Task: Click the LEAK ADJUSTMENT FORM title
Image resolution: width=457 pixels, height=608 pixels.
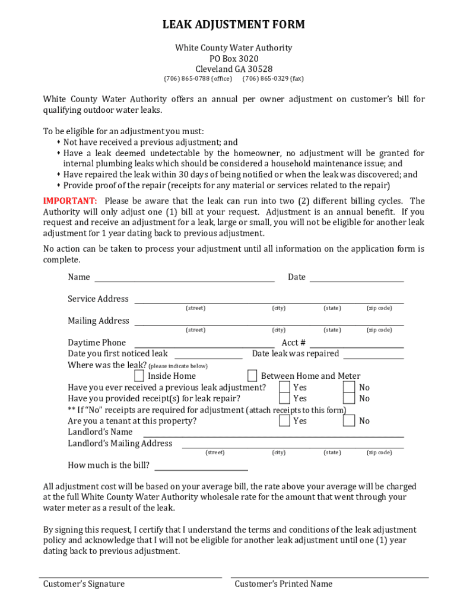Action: (234, 25)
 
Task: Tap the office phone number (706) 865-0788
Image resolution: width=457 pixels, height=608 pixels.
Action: (198, 79)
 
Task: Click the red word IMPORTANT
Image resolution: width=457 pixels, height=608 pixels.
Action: (70, 201)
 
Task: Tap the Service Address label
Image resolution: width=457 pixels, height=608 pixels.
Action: (98, 299)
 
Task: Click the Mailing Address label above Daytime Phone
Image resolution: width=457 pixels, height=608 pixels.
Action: (98, 321)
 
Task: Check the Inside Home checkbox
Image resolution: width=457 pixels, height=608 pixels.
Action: (139, 376)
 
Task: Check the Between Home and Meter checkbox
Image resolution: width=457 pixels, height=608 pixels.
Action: (252, 376)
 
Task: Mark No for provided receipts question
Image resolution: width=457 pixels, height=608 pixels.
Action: (350, 398)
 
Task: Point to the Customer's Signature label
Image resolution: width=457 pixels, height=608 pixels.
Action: (84, 584)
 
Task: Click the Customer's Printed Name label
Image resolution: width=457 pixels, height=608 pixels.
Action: (283, 584)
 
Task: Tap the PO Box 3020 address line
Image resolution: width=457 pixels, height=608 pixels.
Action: (234, 58)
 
